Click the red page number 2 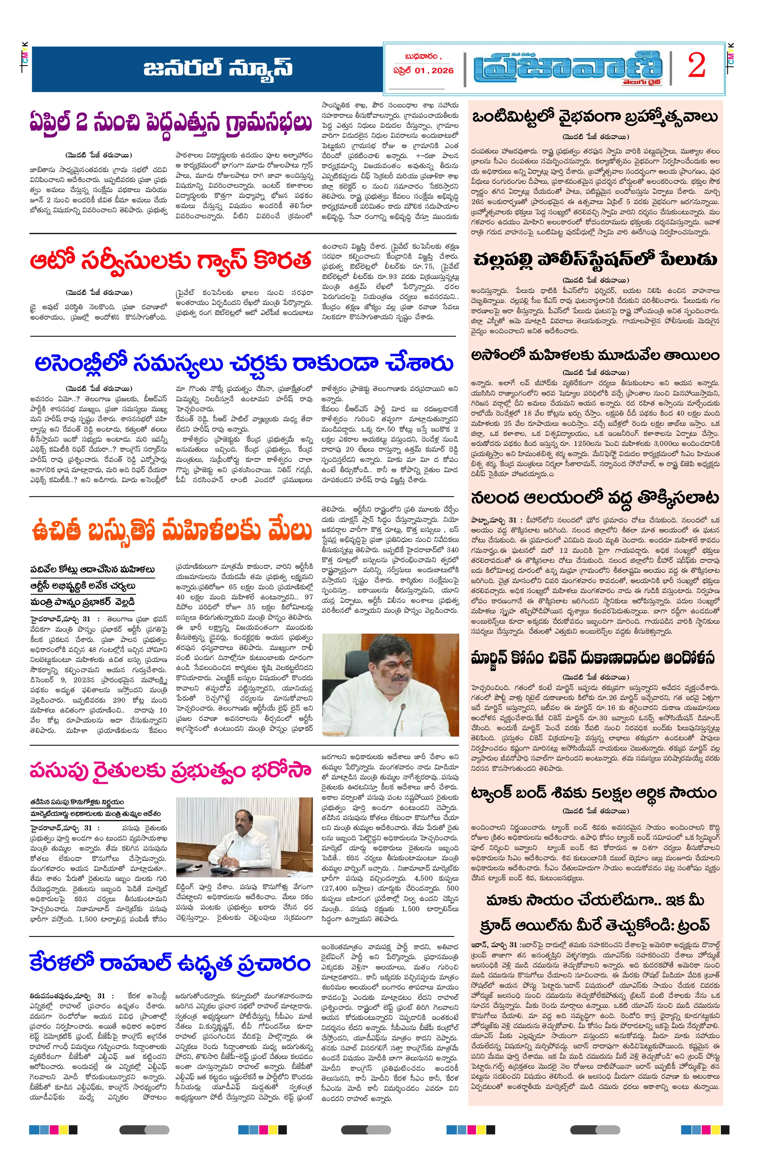click(697, 66)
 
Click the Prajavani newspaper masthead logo click(567, 67)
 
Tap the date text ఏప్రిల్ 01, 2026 click(423, 71)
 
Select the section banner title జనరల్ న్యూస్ click(218, 68)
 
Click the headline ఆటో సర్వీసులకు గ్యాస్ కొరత click(170, 261)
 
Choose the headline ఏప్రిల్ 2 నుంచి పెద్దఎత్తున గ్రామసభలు click(170, 122)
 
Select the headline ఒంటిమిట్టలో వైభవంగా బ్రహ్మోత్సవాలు click(595, 118)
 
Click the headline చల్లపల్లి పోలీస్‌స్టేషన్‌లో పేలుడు click(595, 260)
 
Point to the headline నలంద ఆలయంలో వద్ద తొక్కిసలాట click(595, 498)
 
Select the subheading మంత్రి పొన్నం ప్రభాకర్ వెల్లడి click(83, 602)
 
